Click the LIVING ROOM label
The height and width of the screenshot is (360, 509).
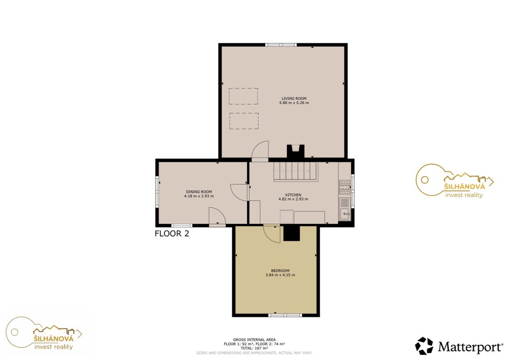point(294,98)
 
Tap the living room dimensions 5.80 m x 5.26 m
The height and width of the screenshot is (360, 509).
point(294,103)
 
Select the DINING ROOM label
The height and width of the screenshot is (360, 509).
point(199,192)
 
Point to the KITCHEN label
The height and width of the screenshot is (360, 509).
point(293,195)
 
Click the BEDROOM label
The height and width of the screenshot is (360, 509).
point(280,270)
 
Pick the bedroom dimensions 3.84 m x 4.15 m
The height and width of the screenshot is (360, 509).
point(280,275)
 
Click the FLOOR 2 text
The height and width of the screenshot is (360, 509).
point(171,233)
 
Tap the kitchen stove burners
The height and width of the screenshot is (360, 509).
point(345,187)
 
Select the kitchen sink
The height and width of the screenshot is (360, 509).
point(345,214)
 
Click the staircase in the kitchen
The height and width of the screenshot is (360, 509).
point(295,172)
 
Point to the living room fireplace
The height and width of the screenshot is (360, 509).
point(295,152)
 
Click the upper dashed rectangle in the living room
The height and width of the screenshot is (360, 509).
point(243,96)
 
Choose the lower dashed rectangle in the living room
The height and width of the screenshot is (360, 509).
point(244,121)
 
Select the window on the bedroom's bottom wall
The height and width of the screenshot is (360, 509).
point(285,315)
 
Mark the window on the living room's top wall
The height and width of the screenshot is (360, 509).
point(281,45)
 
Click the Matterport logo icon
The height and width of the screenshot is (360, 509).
point(424,346)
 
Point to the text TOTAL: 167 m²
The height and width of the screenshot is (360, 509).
point(254,348)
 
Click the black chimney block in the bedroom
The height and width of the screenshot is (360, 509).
point(291,233)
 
